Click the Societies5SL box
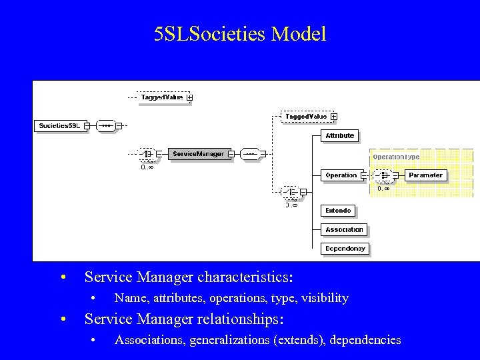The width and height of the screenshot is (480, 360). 60,125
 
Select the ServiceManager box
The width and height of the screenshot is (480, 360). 198,154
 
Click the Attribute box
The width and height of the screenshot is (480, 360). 339,135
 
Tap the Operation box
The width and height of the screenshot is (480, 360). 341,175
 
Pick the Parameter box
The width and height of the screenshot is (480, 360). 425,175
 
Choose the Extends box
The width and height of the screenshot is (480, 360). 338,211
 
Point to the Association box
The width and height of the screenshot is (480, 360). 344,229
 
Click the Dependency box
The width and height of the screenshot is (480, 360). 345,248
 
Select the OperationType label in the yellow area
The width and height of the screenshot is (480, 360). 396,157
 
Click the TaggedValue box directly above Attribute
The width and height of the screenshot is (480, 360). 306,117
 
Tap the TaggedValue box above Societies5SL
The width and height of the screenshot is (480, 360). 162,97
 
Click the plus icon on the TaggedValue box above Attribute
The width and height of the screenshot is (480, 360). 333,117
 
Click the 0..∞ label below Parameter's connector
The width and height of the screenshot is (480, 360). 383,189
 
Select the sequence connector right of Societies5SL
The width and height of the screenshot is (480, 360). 105,125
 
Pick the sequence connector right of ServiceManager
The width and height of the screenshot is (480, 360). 250,154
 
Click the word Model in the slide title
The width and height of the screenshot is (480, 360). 299,34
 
